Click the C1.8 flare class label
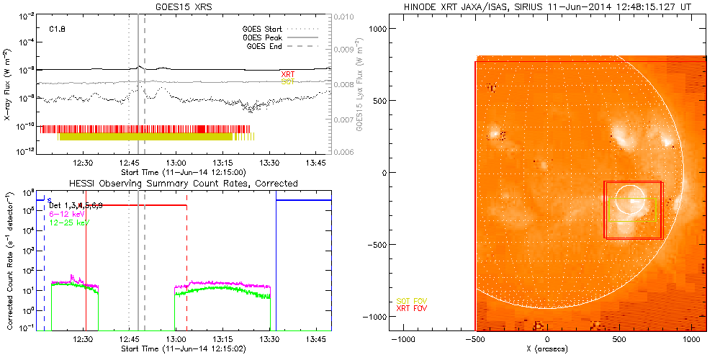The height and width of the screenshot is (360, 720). [x=58, y=30]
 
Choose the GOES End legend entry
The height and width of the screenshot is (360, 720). [x=268, y=46]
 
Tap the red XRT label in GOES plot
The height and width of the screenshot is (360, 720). [x=287, y=74]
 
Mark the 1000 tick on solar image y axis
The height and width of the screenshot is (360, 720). [x=379, y=28]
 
